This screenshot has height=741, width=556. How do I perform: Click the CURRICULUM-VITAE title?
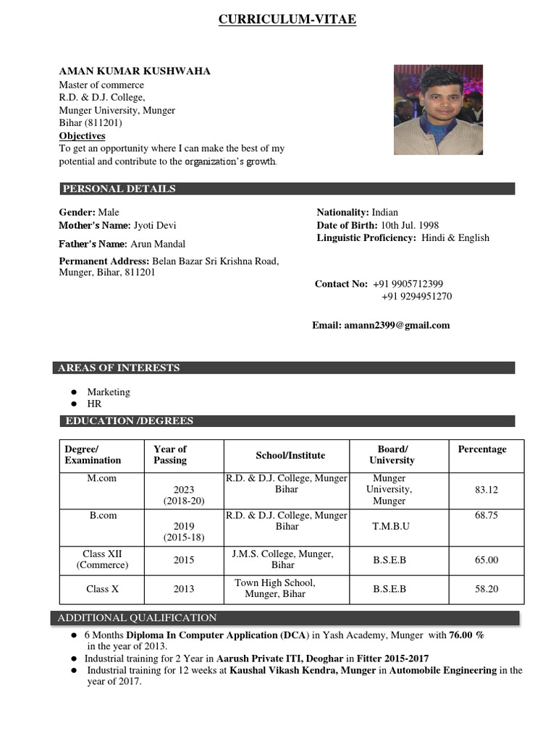[x=287, y=20]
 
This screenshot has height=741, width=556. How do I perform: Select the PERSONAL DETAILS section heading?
[x=119, y=189]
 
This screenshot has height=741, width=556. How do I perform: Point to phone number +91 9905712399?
[x=408, y=284]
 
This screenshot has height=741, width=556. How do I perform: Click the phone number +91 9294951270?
[x=417, y=297]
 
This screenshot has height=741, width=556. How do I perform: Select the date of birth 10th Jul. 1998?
[x=409, y=225]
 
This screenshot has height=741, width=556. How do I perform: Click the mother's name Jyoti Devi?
[x=155, y=225]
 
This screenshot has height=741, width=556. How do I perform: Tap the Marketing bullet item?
[x=109, y=391]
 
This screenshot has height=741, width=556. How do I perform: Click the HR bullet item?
[x=94, y=404]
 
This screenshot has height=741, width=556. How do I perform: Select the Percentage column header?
[x=482, y=449]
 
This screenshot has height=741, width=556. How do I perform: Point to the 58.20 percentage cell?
[x=486, y=589]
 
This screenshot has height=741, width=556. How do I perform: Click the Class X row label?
[x=102, y=589]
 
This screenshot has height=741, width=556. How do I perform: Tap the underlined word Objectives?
[x=82, y=136]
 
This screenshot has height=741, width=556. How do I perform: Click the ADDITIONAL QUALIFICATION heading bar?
[x=137, y=618]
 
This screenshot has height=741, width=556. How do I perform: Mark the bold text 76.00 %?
[x=466, y=635]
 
